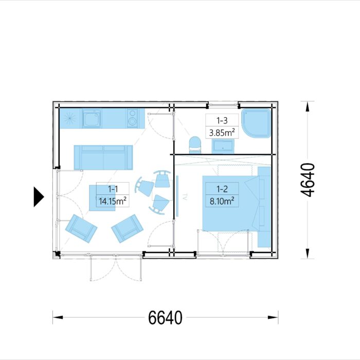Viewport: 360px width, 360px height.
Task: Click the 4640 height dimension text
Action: click(x=308, y=180)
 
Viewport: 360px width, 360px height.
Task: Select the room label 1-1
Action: click(x=112, y=189)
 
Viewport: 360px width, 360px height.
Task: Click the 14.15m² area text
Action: click(x=112, y=201)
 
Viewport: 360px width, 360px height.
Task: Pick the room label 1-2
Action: click(x=221, y=189)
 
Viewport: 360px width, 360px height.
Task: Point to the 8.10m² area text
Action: click(x=222, y=201)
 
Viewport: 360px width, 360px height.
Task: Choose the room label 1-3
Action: click(x=222, y=121)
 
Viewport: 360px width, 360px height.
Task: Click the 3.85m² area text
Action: click(x=222, y=133)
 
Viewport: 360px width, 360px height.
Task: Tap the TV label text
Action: click(x=184, y=197)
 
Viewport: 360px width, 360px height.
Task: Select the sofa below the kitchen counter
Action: click(x=103, y=157)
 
